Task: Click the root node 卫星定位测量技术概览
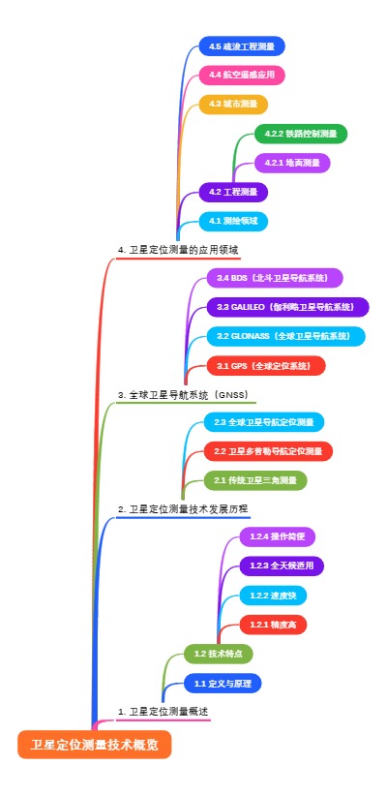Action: [94, 745]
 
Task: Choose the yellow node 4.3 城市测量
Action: [232, 104]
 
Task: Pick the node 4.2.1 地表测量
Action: [292, 163]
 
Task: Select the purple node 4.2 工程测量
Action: [233, 192]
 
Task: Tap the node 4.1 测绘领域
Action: [232, 221]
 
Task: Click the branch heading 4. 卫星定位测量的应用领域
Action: [178, 250]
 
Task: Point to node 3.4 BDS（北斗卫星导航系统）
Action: [274, 278]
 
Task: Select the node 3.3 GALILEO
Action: [287, 307]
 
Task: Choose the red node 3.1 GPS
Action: [265, 365]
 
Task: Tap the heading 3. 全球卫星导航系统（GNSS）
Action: [183, 394]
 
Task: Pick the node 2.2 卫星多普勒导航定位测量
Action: [268, 451]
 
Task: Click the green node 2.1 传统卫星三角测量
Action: [255, 480]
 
